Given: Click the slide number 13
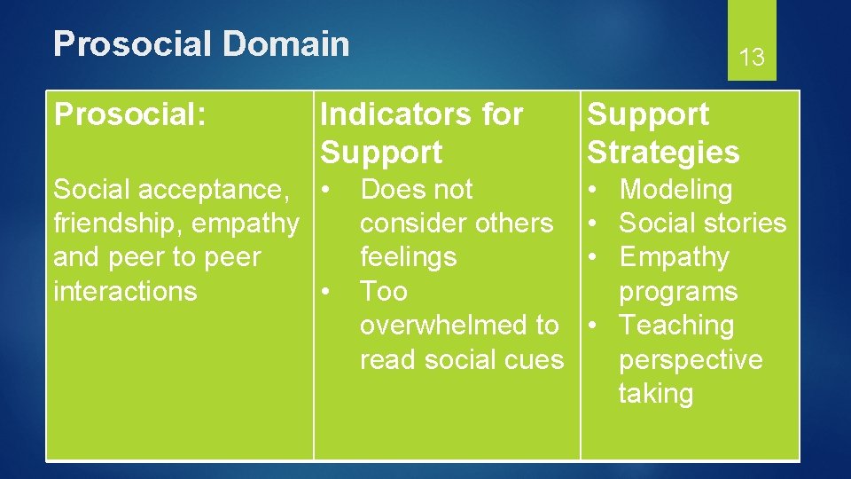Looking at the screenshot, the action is coord(752,59).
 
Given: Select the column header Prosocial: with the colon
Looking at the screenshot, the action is coord(130,114).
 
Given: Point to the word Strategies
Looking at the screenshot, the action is coord(663,153).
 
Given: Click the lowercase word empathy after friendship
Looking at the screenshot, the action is coord(246,224).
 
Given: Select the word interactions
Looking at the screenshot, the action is coord(125,291).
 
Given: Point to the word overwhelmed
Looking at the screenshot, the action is coord(445,326).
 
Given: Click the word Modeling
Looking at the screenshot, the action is coord(675,190).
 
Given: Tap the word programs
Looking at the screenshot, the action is coord(678,292).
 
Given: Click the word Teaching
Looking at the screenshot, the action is coord(676,326).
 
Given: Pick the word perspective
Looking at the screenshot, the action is coord(691,360).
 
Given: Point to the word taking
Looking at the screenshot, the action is coord(656,394).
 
